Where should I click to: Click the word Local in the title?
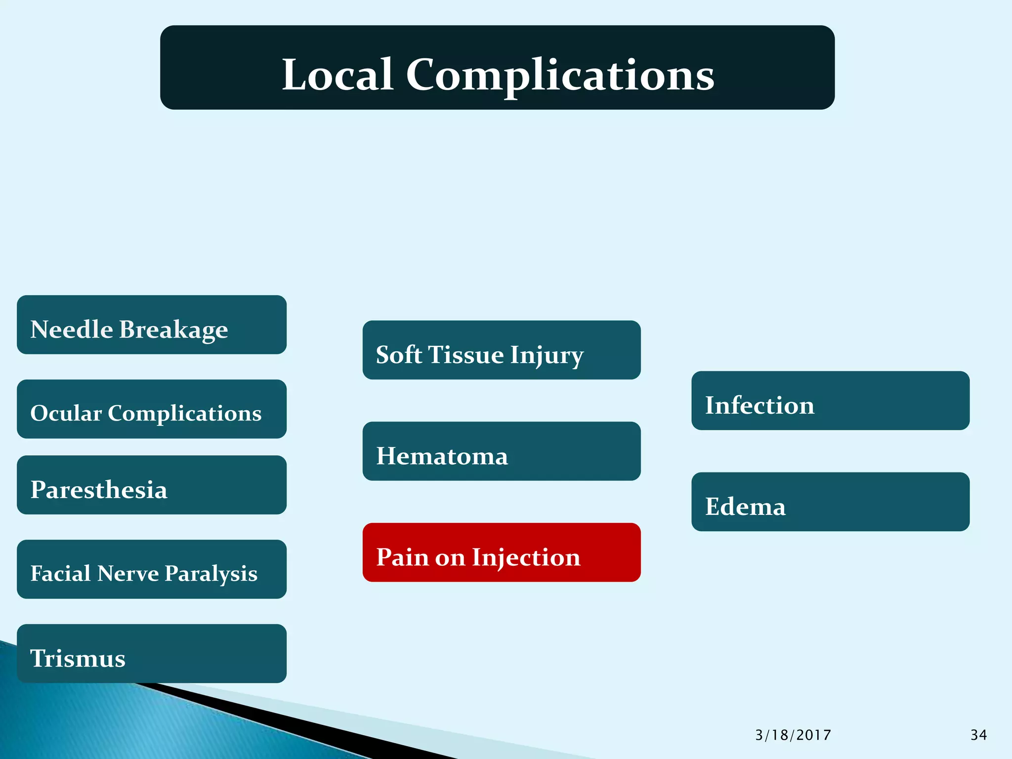coord(337,75)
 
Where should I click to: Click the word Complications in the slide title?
coord(560,76)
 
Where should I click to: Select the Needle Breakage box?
coord(151,325)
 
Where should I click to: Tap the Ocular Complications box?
coord(151,409)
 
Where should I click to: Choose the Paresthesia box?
coord(151,485)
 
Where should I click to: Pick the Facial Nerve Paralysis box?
coord(151,569)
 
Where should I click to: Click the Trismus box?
coord(151,654)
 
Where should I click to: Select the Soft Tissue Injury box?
coord(501,350)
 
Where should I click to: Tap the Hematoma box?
coord(501,451)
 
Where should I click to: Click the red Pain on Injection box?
coord(501,552)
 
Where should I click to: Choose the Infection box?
coord(830,401)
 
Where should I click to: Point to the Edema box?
coord(830,502)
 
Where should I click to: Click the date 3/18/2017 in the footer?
coord(793,735)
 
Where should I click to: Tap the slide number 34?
coord(978,735)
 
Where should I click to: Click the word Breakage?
coord(173,330)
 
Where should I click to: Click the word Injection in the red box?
coord(526,558)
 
